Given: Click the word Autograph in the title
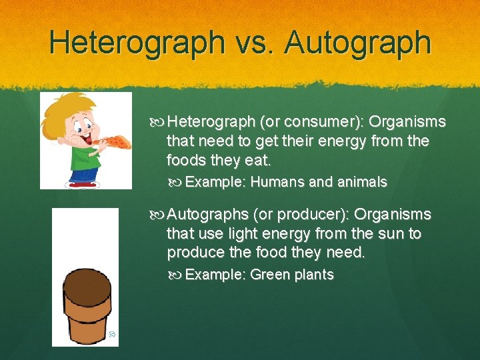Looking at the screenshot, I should pos(358,42).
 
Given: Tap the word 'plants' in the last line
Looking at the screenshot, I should pos(311,275).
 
